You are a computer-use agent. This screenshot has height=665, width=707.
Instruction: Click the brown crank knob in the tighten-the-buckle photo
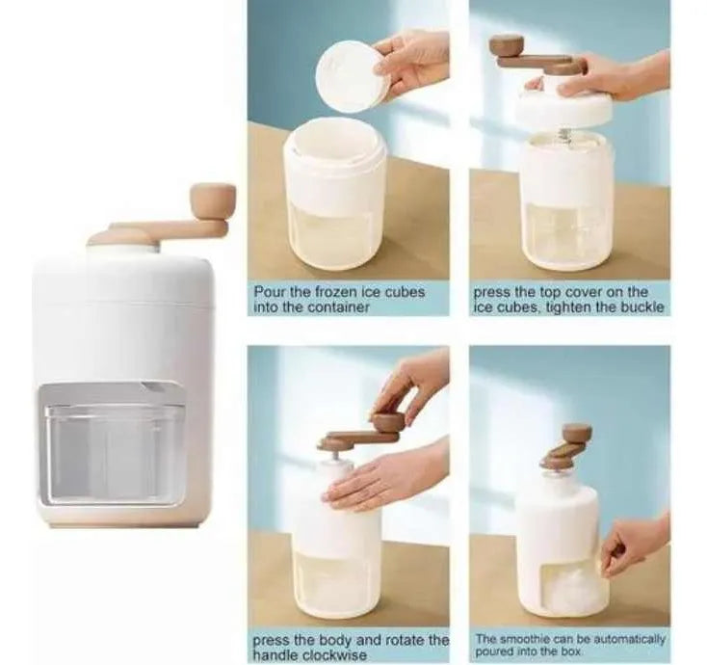click(x=507, y=46)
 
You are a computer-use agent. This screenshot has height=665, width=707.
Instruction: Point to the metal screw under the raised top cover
click(x=563, y=134)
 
